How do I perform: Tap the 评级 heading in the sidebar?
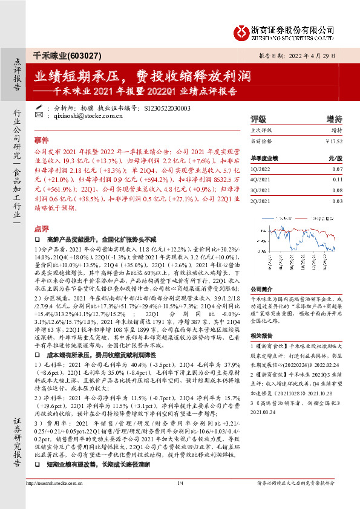tap(259, 119)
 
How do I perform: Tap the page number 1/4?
tap(180, 499)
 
